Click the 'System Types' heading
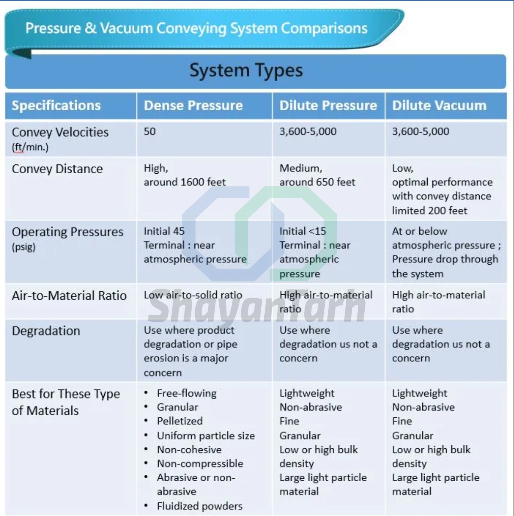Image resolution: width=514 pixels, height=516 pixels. point(246,70)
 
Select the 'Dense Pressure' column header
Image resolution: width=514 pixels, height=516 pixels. point(193,105)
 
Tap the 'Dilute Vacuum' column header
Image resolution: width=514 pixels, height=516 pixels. point(439,105)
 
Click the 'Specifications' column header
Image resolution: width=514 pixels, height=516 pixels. point(56,106)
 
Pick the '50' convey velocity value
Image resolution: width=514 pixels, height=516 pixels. point(149,131)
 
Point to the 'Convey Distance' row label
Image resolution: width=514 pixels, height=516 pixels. point(57,169)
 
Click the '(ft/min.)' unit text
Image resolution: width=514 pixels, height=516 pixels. point(30,147)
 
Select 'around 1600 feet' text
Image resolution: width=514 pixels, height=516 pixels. point(184,182)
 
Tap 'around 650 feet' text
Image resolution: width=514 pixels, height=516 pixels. point(317,182)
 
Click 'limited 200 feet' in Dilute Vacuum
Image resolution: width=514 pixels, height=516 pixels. point(429,211)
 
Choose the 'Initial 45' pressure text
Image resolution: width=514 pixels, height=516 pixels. point(164,231)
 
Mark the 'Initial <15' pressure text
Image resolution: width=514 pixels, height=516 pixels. point(302,231)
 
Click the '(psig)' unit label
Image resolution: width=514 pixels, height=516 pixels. point(24,247)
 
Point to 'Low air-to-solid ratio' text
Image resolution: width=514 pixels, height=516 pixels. point(193,295)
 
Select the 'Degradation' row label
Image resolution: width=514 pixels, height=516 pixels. point(46,331)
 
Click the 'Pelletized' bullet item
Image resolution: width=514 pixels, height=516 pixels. point(180,421)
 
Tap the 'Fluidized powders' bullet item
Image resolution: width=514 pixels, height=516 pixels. point(200,506)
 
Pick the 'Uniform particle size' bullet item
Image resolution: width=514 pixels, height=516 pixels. point(206,436)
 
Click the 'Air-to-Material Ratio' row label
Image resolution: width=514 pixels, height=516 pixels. point(69,296)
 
